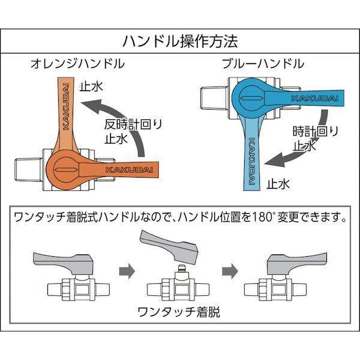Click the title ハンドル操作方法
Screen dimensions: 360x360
(180, 41)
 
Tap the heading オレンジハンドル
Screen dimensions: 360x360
(77, 64)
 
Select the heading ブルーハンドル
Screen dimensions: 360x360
(263, 64)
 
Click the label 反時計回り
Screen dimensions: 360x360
(133, 124)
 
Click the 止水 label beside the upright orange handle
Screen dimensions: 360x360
(91, 87)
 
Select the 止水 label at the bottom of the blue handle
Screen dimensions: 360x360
(278, 184)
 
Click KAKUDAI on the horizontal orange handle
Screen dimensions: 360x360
(129, 170)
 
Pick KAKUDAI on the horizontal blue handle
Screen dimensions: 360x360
(315, 98)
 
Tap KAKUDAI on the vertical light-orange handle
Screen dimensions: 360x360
(66, 107)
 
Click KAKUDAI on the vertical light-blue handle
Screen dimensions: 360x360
(252, 161)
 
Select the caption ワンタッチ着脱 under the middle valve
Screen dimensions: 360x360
(179, 312)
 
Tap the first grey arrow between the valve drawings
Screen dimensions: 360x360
(127, 271)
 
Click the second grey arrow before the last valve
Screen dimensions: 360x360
(230, 271)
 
